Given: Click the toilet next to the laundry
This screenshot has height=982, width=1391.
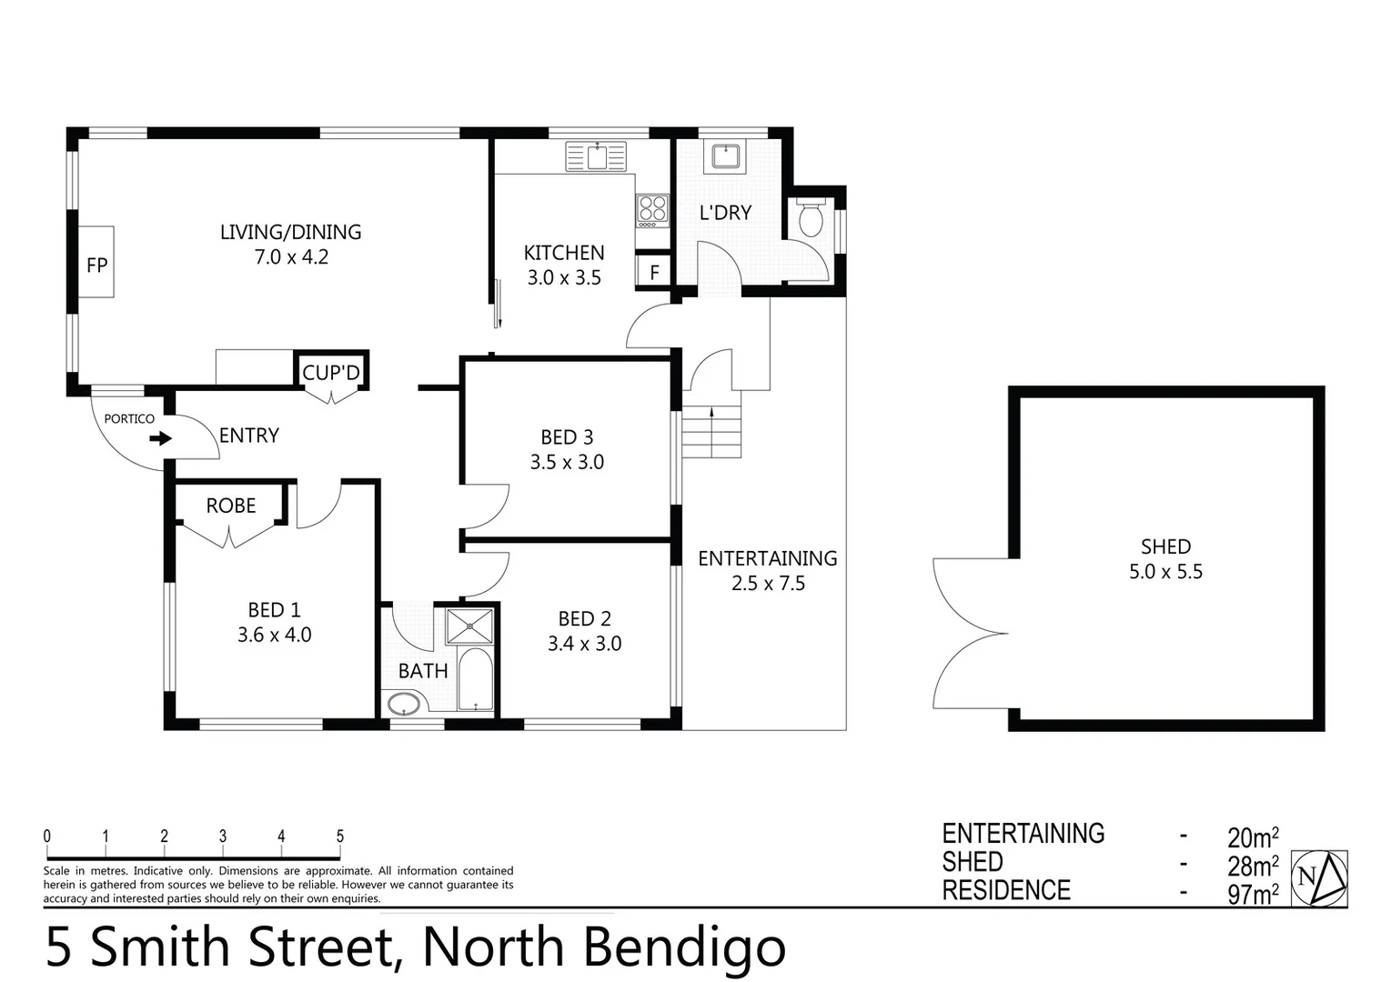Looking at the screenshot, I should click(x=810, y=218).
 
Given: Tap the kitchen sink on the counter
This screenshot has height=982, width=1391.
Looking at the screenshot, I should click(x=597, y=155).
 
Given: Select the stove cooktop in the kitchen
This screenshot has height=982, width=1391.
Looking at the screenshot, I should click(x=650, y=211).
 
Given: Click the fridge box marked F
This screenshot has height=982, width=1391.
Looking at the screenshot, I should click(x=653, y=272).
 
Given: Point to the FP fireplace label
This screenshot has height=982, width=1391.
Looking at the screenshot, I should click(x=96, y=265).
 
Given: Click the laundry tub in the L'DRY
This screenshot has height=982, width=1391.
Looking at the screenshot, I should click(x=725, y=157).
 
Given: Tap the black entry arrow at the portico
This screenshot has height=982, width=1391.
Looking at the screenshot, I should click(x=161, y=439).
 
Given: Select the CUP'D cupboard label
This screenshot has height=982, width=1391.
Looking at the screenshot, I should click(x=331, y=373).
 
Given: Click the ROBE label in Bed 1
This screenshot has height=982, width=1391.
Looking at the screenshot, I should click(x=230, y=506).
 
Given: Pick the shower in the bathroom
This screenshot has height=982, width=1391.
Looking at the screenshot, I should click(x=469, y=626).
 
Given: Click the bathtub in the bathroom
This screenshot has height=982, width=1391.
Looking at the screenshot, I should click(x=473, y=680).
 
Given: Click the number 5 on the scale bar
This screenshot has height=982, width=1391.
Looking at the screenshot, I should click(x=340, y=837).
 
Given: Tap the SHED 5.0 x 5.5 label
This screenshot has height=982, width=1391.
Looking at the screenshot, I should click(x=1165, y=559).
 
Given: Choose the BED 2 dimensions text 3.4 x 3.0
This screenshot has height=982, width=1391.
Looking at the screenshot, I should click(x=584, y=644).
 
